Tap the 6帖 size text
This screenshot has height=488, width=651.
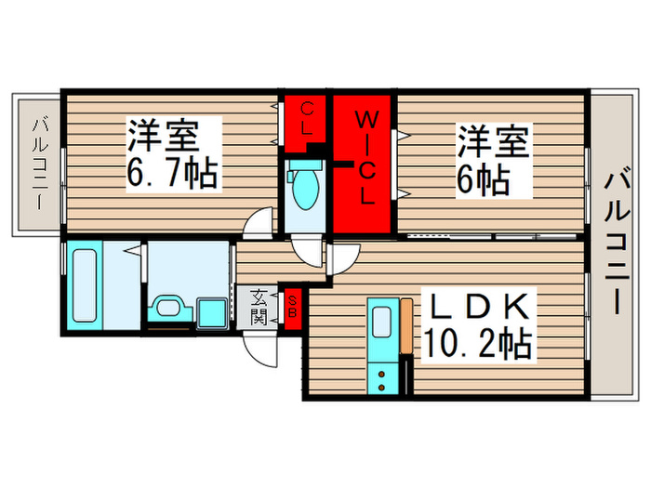[483, 180]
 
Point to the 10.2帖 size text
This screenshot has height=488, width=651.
[479, 346]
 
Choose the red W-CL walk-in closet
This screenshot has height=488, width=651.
[365, 167]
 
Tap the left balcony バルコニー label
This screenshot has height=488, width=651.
[41, 162]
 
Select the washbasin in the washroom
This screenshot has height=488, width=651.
[169, 308]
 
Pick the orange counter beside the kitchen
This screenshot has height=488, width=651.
[406, 325]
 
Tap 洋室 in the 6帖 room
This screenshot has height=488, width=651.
[491, 144]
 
